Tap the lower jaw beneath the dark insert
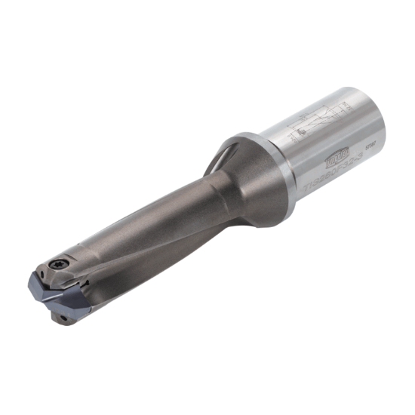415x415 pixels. click(x=68, y=317)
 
